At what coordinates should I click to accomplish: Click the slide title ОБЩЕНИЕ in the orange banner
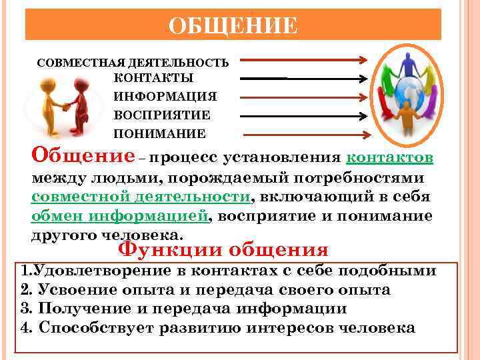coord(233,26)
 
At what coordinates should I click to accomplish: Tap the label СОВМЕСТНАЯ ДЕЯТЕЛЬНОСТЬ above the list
coord(133,63)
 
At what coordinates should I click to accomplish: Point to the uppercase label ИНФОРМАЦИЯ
coord(165,97)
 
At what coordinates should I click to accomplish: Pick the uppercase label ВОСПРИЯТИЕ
coord(162,115)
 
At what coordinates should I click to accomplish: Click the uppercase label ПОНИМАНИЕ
coord(159,133)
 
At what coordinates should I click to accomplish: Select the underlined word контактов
coord(391,159)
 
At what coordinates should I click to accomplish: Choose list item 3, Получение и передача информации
coord(183,309)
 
